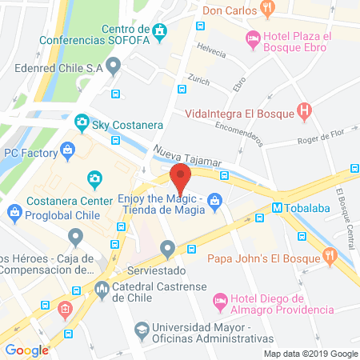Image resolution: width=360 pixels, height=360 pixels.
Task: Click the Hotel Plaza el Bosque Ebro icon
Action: click(x=253, y=37)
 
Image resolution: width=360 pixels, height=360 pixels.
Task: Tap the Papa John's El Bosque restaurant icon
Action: click(x=328, y=256)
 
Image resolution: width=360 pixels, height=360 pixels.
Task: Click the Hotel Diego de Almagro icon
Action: click(x=221, y=302)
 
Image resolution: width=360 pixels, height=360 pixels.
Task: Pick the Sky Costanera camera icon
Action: click(x=81, y=123)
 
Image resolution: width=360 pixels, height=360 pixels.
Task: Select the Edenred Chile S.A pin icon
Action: click(x=113, y=66)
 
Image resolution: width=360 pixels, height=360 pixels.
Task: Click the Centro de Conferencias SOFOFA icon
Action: click(x=162, y=33)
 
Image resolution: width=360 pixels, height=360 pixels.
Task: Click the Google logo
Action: click(x=26, y=350)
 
